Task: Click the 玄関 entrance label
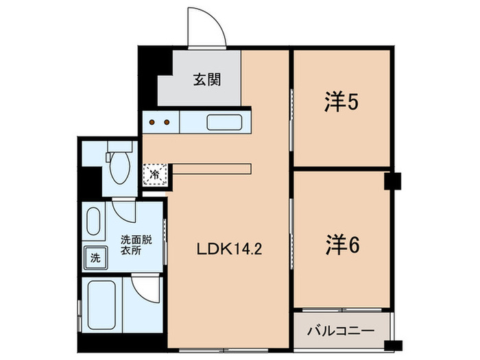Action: [206, 80]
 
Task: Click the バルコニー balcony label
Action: [340, 331]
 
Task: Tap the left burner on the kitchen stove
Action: [153, 123]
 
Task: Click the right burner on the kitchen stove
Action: [167, 123]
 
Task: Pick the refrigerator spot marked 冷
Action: [155, 175]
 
